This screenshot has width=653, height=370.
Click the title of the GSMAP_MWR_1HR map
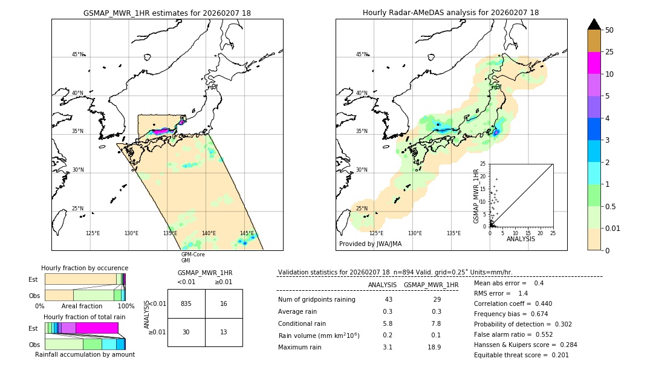point(167,13)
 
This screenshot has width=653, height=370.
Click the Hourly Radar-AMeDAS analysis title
point(450,13)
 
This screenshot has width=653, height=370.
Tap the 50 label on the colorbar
point(609,30)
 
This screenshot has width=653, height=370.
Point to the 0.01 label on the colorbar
point(613,228)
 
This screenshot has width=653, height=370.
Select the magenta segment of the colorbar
point(594,63)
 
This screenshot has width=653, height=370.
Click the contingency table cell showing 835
point(186,303)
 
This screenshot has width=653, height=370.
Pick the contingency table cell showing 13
point(224,332)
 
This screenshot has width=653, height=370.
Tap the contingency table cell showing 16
point(224,303)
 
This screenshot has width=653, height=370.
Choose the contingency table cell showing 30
point(186,332)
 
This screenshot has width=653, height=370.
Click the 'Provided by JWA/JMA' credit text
point(370,244)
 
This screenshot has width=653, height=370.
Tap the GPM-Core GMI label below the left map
point(193,257)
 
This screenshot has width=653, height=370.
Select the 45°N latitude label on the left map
point(78,54)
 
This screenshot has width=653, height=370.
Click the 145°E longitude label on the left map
point(247,233)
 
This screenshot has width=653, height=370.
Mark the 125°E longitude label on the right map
point(376,233)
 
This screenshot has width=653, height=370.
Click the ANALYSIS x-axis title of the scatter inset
point(521,239)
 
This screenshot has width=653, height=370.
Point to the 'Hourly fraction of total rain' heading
point(85,317)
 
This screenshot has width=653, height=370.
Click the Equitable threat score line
point(521,355)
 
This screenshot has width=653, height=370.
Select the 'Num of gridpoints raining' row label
point(317,300)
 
